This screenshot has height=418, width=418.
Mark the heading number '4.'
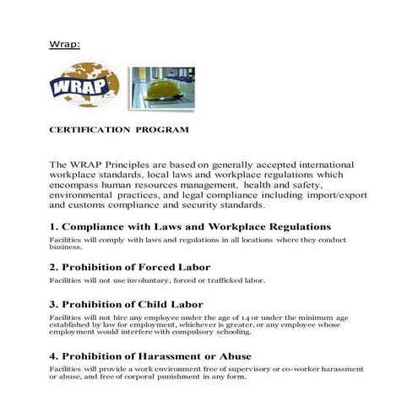pyautogui.click(x=54, y=356)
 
